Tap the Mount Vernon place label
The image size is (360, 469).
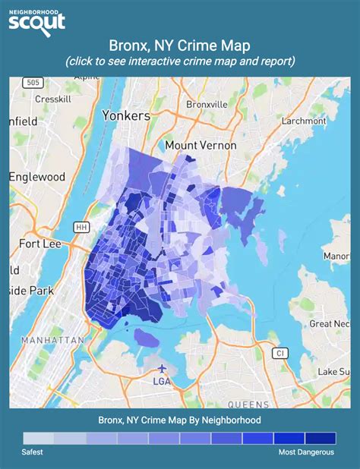tap(201, 145)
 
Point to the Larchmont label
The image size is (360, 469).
tap(302, 120)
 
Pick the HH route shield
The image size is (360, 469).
tap(81, 227)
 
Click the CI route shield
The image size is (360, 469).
tap(279, 353)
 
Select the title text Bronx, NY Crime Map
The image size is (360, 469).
tap(180, 46)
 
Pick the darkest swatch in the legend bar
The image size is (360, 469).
tap(320, 439)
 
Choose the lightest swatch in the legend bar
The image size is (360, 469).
tap(39, 439)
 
